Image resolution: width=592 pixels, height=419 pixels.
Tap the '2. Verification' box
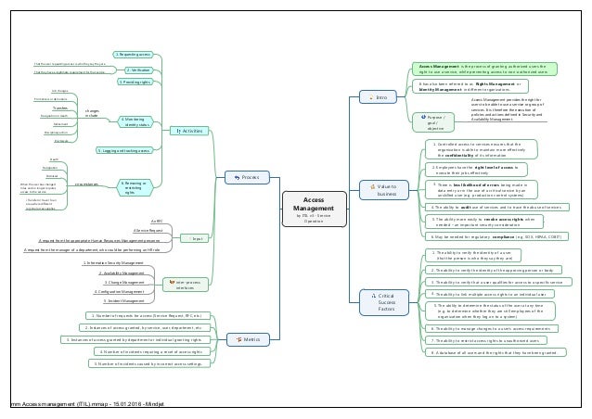point(137,69)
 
